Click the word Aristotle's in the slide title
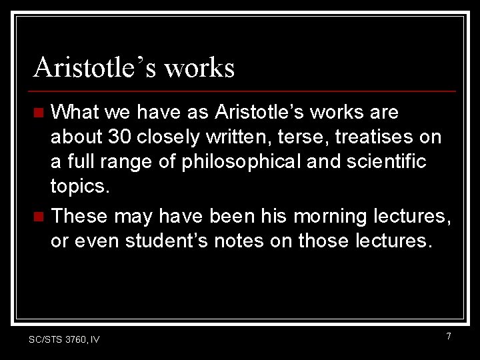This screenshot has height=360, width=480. coord(94,67)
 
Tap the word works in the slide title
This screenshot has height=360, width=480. coord(199,67)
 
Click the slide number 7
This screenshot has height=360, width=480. coord(448,337)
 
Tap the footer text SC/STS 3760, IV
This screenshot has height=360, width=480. coord(64,340)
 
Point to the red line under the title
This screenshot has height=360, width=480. coord(244,91)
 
